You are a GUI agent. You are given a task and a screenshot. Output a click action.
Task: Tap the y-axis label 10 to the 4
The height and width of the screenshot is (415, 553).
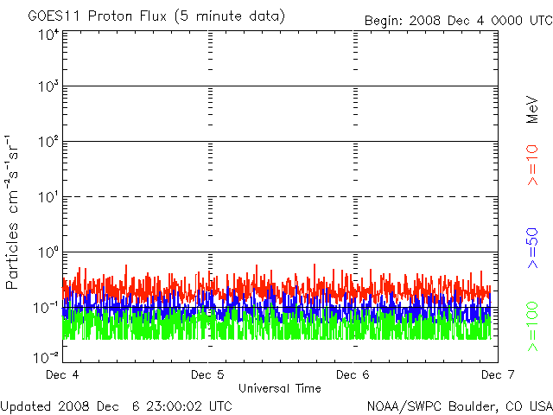pyautogui.click(x=47, y=34)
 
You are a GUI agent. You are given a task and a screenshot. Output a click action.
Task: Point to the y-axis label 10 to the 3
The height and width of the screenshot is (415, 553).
pyautogui.click(x=47, y=87)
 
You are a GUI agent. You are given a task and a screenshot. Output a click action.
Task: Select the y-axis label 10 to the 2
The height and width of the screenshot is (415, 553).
pyautogui.click(x=47, y=143)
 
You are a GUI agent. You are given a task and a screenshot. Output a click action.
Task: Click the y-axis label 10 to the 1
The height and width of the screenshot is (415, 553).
pyautogui.click(x=47, y=198)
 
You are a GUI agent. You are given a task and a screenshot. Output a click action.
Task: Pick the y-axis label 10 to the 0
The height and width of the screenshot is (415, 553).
pyautogui.click(x=47, y=253)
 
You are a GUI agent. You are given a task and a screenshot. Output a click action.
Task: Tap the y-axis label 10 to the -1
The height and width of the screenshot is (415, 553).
pyautogui.click(x=47, y=308)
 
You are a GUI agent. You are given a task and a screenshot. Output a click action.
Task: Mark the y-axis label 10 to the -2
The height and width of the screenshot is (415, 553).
pyautogui.click(x=47, y=355)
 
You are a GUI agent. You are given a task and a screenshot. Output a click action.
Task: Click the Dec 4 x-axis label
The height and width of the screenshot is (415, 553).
pyautogui.click(x=62, y=375)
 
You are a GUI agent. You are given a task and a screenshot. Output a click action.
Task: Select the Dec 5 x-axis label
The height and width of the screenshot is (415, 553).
pyautogui.click(x=207, y=375)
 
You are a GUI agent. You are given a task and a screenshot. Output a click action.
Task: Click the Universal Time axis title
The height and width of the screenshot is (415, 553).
pyautogui.click(x=279, y=388)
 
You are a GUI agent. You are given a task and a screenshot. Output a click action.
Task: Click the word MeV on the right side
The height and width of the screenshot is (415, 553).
pyautogui.click(x=532, y=110)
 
